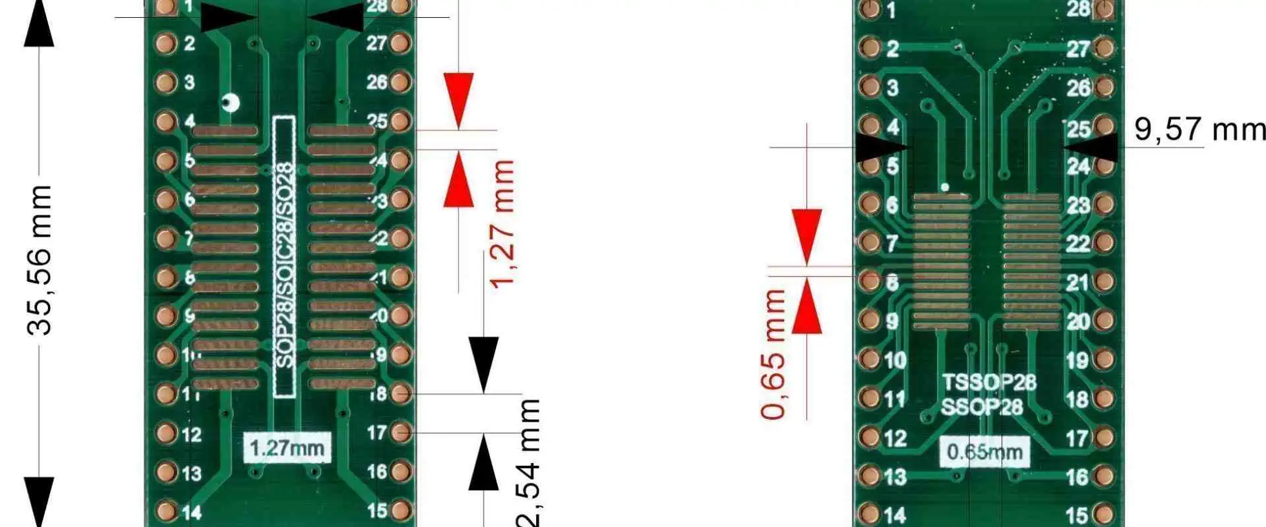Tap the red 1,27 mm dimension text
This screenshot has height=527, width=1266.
pos(502,224)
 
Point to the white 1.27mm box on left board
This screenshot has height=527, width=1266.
pos(286,448)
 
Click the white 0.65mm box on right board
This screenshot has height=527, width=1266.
pos(984,452)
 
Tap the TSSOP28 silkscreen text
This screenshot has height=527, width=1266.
pos(988,382)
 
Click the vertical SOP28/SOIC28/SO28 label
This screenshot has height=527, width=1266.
pos(284,257)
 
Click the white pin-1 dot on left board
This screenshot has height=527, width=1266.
pos(231,103)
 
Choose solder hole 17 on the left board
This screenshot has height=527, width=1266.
pos(400,433)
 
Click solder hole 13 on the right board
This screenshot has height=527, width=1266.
pos(869,476)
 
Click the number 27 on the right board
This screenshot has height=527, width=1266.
pos(1077,49)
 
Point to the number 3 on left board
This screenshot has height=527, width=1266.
pos(189,82)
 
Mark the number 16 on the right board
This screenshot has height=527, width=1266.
pos(1077,476)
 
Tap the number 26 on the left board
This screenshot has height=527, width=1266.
pos(377,82)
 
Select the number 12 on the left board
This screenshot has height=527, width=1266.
pos(191,434)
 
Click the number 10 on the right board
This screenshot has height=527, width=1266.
pos(895,360)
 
